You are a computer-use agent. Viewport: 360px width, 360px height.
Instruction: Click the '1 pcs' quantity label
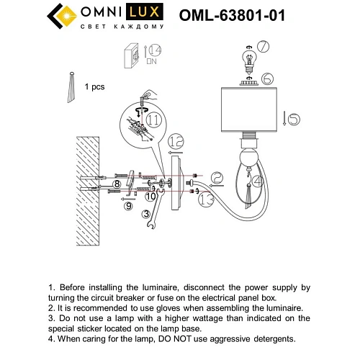94,86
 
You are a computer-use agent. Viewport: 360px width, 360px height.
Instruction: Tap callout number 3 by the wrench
147,213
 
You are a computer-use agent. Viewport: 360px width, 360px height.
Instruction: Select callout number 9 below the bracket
127,206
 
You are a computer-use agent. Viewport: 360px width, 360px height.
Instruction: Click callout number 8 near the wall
116,184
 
